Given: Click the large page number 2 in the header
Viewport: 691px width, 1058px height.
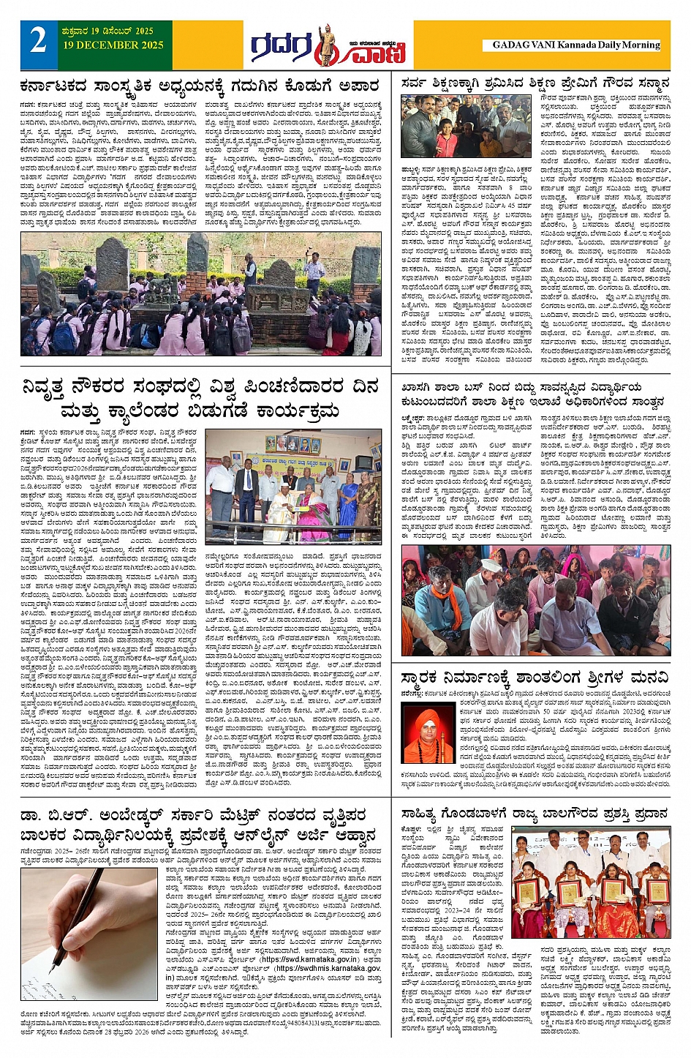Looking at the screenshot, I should coord(38,41).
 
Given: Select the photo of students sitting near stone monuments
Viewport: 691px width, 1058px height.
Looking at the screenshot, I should coord(200,293).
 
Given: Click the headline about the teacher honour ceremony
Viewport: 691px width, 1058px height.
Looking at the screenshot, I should coord(535,84).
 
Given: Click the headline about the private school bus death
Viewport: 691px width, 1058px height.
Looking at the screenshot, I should coord(533,394).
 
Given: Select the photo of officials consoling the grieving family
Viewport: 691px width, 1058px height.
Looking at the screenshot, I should coord(535,601).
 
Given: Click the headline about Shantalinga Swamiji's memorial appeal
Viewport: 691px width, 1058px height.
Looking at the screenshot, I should coord(535,675).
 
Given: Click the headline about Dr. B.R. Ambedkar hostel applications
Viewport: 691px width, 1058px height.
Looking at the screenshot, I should coord(200,824).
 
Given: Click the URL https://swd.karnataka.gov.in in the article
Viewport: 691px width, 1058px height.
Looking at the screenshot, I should coord(309,959).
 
